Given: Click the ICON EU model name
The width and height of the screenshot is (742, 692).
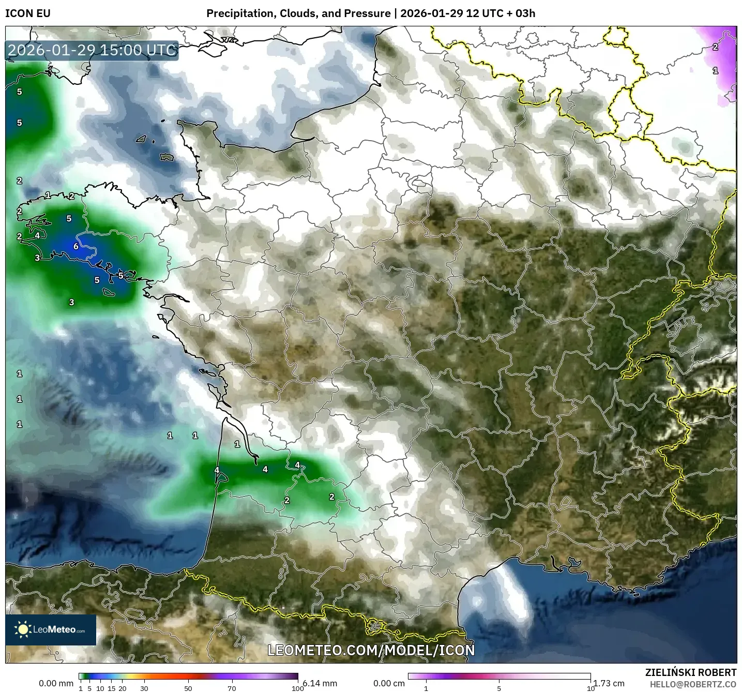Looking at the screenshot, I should click(x=28, y=13).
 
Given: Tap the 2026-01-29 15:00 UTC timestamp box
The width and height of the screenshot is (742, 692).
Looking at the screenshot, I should click(x=92, y=50).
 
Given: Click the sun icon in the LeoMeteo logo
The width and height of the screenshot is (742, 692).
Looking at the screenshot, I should click(x=23, y=629).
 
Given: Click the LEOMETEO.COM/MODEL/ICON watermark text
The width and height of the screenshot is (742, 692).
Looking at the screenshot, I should click(x=371, y=650).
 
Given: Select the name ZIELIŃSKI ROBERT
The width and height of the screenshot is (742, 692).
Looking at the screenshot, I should click(x=691, y=672).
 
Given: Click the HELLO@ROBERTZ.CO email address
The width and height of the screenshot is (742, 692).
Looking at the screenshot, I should click(x=693, y=684).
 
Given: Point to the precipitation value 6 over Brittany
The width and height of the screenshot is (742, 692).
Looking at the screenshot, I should click(x=76, y=246).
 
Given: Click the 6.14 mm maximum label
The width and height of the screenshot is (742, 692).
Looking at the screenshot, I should click(x=320, y=683).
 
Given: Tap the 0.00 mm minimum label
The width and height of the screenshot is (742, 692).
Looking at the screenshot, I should click(x=56, y=683).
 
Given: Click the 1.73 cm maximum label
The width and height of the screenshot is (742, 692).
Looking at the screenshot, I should click(x=609, y=683).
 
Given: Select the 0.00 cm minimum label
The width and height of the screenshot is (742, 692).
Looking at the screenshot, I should click(x=389, y=683).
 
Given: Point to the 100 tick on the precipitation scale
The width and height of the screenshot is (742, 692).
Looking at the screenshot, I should click(x=297, y=688).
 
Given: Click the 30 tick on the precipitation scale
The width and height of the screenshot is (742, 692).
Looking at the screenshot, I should click(x=144, y=688).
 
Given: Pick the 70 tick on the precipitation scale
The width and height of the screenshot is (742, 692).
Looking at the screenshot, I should click(x=232, y=688).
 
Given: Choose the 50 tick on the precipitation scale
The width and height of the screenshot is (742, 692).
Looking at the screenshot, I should click(x=188, y=688).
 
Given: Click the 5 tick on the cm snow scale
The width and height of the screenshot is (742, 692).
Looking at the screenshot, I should click(x=499, y=688).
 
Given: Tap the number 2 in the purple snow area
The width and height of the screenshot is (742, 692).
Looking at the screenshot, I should click(x=715, y=47).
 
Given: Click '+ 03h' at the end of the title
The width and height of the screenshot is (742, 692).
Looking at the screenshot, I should click(x=521, y=13).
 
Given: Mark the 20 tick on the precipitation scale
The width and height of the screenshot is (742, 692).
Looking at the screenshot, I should click(x=123, y=688).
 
